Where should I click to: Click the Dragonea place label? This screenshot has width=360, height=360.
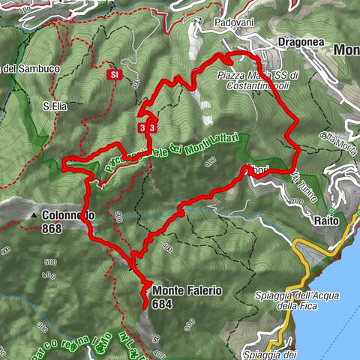point(301,43)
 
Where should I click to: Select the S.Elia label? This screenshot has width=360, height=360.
point(55,106)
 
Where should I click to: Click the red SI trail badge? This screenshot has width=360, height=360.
point(114,75)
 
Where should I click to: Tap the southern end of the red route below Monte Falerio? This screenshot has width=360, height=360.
point(144,307)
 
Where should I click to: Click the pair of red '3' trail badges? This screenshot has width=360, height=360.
point(147,127)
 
